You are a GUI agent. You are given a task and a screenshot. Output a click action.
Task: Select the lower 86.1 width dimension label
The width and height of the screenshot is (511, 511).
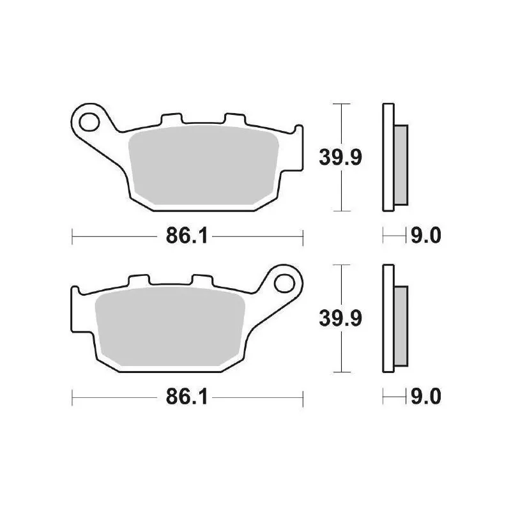coord(185,397)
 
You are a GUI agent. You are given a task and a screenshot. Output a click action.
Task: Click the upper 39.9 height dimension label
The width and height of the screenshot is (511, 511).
coord(341,156)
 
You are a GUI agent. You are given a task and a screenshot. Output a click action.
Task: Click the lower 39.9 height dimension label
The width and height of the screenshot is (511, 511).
coord(341,317)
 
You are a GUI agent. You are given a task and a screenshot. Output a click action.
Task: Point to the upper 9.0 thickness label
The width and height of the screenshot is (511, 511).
coord(426,237)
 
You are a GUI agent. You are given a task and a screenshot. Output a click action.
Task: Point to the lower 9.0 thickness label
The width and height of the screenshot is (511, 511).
coord(426,397)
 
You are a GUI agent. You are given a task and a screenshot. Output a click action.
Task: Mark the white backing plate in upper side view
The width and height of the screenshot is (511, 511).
coord(388,156)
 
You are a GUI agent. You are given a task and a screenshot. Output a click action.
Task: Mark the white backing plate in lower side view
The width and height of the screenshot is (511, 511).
coord(388,317)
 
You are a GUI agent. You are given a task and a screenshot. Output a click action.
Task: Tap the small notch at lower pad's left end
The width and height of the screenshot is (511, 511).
coord(75,291)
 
